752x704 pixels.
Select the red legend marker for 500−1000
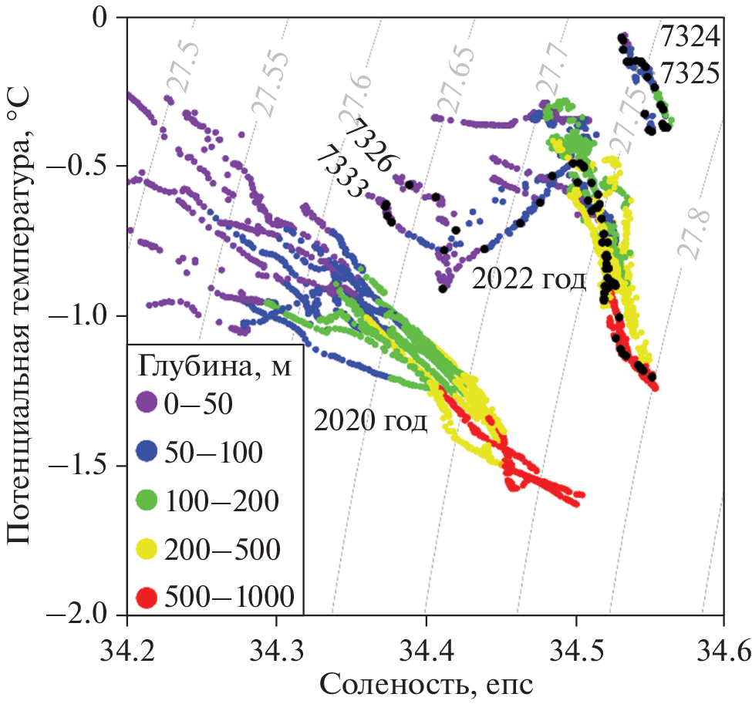pos(147,598)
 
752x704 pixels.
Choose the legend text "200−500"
pos(222,550)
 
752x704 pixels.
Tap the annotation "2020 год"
pos(369,422)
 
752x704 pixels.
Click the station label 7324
pos(690,36)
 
